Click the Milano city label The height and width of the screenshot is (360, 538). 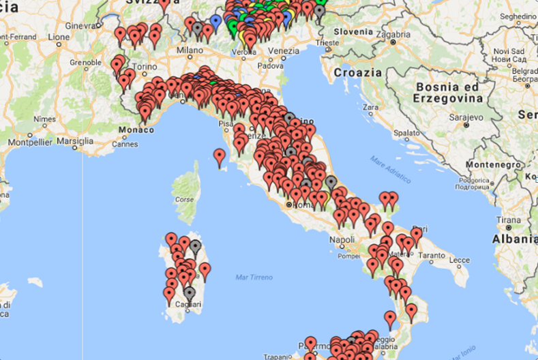(190, 50)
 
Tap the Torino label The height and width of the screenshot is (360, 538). (144, 67)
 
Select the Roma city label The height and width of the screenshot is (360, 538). (299, 204)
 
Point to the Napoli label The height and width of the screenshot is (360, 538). (342, 240)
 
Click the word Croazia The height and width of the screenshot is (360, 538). (357, 72)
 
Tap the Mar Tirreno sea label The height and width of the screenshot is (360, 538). (254, 277)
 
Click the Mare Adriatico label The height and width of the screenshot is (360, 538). (391, 170)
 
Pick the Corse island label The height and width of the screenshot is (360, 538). (184, 201)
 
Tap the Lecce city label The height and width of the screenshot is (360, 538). (459, 260)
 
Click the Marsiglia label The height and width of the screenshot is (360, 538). (75, 141)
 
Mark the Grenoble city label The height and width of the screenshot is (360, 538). (87, 61)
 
